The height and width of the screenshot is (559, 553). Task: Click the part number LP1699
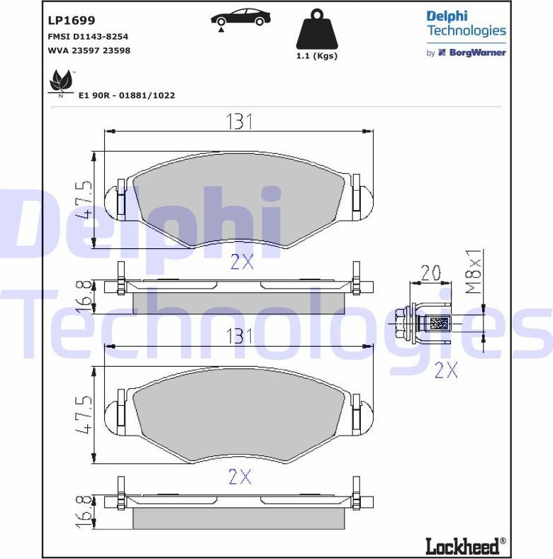(71, 21)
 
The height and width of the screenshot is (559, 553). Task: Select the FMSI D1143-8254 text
(87, 36)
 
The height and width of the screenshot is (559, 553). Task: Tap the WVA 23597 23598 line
(89, 50)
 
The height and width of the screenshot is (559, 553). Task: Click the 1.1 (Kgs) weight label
(316, 56)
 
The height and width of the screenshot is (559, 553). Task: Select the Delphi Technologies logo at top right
(466, 23)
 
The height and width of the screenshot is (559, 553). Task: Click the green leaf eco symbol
(60, 82)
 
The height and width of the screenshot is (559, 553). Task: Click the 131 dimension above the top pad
(240, 121)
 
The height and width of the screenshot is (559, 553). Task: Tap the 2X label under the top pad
(241, 262)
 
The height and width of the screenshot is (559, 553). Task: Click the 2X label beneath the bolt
(445, 370)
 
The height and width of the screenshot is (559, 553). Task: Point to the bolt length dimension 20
(431, 272)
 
